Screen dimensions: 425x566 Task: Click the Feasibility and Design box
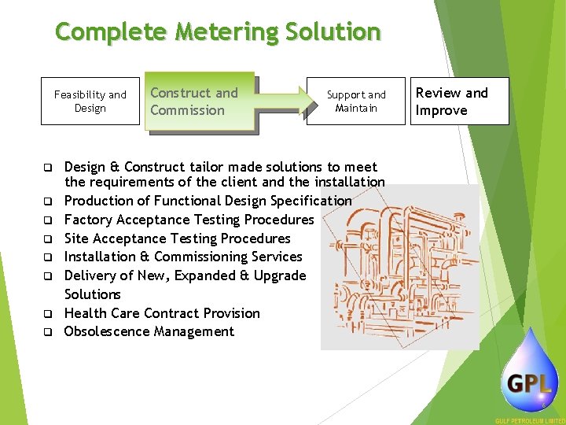(x=90, y=102)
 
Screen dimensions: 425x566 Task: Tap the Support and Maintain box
(x=356, y=102)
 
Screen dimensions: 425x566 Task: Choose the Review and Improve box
(x=461, y=102)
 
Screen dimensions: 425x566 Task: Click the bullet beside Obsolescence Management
(x=48, y=332)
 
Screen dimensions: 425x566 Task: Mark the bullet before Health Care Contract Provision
(x=48, y=313)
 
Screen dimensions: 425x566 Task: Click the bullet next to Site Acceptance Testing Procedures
(x=48, y=238)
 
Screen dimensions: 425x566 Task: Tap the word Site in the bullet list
(x=76, y=238)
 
